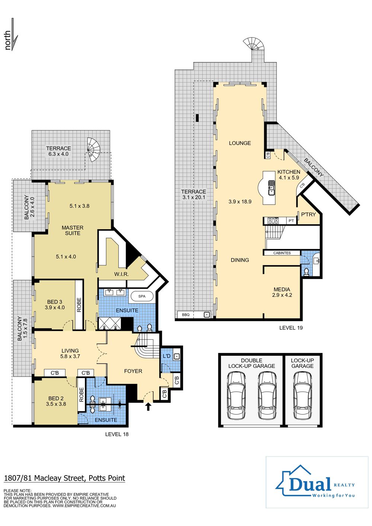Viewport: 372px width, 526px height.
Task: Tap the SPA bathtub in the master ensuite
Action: [142, 296]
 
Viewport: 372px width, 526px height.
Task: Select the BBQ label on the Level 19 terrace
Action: [186, 315]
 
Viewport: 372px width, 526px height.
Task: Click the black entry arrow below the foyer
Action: [148, 406]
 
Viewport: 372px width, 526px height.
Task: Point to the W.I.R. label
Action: [121, 274]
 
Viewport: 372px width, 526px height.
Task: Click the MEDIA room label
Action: [282, 289]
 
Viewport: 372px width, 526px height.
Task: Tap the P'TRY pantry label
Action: [308, 214]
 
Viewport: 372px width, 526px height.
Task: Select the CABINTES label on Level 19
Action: [282, 253]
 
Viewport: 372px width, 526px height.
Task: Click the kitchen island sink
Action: [272, 188]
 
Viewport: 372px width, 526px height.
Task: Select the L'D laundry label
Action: [167, 356]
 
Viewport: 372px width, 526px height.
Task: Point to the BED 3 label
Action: [55, 302]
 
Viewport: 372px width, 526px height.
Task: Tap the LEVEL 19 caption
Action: [291, 328]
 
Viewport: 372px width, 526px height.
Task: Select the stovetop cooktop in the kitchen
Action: [273, 221]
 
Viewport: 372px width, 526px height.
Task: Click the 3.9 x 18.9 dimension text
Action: [240, 202]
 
